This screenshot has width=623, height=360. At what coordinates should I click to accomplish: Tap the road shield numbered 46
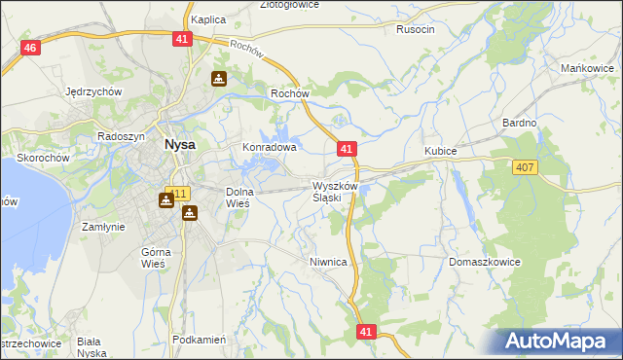32,49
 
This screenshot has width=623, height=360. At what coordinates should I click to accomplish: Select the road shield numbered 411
176,193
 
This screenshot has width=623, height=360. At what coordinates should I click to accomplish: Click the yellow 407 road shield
525,168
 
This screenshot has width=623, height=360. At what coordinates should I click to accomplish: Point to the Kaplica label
208,19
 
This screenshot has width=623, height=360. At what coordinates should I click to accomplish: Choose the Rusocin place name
416,29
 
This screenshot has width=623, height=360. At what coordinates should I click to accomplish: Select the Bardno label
520,123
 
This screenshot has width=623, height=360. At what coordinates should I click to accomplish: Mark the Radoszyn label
121,137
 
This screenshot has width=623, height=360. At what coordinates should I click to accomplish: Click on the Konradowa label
269,148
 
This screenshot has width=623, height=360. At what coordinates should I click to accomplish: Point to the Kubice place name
441,152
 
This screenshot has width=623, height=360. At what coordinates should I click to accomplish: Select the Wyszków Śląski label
337,191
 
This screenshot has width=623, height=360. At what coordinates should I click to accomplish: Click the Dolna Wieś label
239,198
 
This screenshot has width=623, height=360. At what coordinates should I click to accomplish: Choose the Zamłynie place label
103,226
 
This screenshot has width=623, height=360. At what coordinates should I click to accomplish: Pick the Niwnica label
329,262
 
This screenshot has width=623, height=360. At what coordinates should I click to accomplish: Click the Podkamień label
199,340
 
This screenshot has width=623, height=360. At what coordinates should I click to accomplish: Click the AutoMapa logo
558,341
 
